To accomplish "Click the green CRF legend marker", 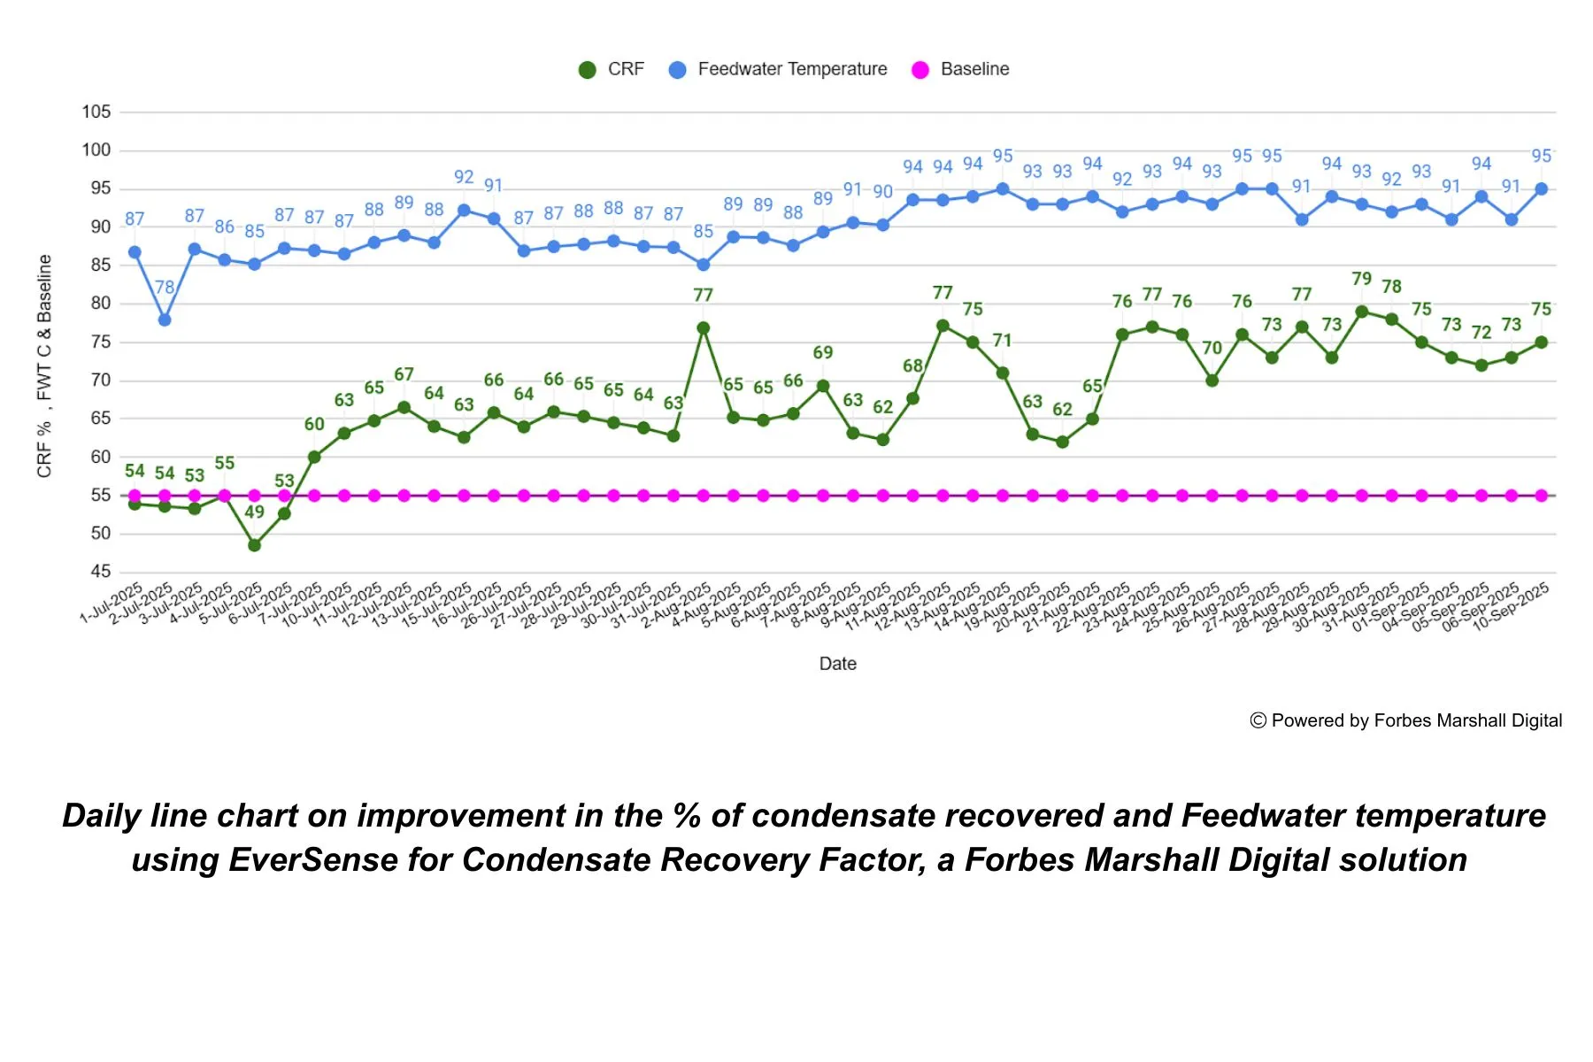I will coord(587,70).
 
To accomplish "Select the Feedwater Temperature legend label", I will coord(792,69).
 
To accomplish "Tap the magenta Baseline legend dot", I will coord(920,70).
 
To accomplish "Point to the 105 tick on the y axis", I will coord(96,112).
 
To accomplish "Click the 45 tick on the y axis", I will coord(100,572).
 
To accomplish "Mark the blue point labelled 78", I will coord(165,319).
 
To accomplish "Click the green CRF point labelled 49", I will coord(254,545).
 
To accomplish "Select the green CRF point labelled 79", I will coord(1362,312).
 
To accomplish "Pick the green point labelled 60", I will coord(314,457).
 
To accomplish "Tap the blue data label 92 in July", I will coord(464,177).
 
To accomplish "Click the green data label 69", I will coord(823,352).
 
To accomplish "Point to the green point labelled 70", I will coord(1212,381).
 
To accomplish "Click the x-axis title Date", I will coord(837,664).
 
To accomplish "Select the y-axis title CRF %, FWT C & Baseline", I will coord(44,366).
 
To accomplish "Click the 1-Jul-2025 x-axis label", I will coord(112,604).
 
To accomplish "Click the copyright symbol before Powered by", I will coord(1258,720).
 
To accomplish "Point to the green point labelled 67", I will coord(404,408).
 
